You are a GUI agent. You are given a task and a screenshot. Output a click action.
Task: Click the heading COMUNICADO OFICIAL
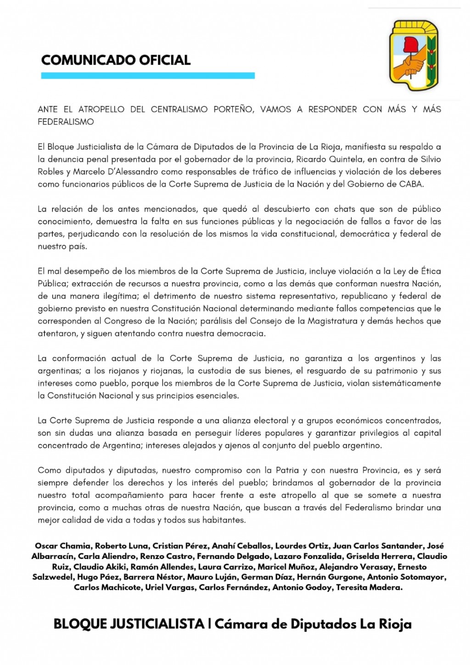[x=116, y=60]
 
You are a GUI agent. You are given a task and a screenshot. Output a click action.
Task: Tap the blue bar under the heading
[x=148, y=76]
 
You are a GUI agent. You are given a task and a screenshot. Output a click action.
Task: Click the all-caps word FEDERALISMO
[x=66, y=122]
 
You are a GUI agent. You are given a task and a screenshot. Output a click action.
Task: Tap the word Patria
[x=287, y=470]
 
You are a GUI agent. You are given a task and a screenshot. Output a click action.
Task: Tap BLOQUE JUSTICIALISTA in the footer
[x=129, y=624]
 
